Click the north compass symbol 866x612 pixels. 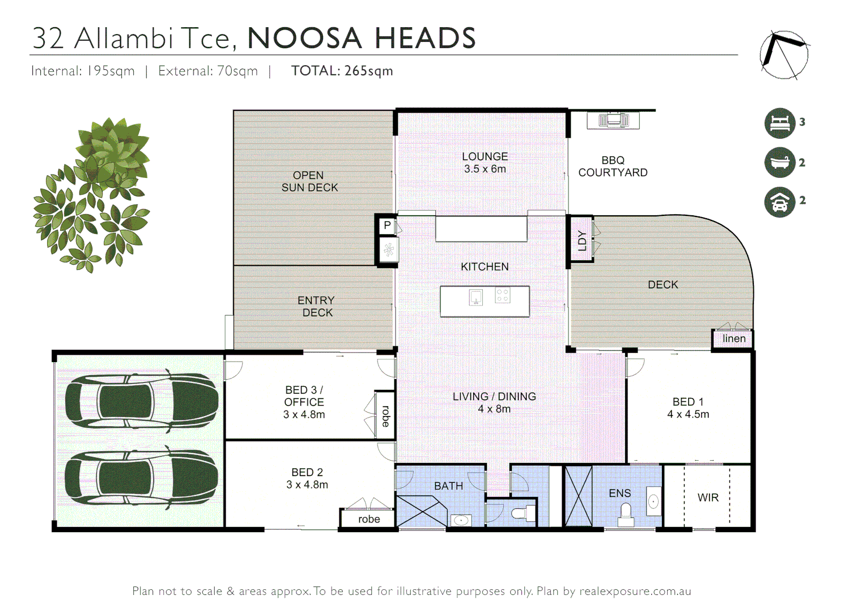tap(784, 55)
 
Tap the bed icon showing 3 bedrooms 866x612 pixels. tap(780, 123)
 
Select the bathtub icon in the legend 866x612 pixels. tap(780, 163)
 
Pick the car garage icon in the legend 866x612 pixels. tap(780, 202)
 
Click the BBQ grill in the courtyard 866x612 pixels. tap(613, 120)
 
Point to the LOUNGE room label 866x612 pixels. tap(485, 156)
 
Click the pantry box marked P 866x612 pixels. tap(387, 225)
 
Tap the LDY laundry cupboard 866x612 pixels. tap(581, 240)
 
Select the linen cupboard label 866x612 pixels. tap(734, 338)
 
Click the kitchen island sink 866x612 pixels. tap(476, 296)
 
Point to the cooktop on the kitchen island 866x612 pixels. tap(503, 295)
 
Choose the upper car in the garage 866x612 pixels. tap(141, 400)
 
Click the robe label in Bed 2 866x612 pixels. tap(369, 519)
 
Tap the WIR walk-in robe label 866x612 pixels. tap(708, 498)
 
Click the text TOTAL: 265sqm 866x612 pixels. tap(342, 71)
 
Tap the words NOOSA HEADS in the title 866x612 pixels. tap(362, 39)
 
